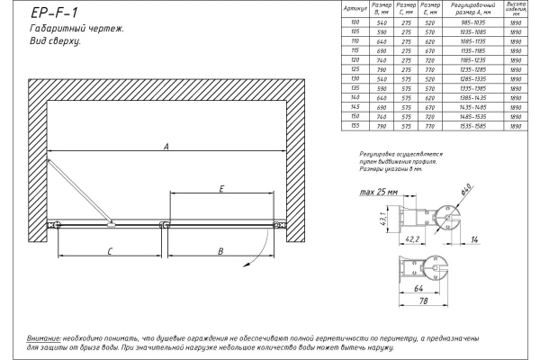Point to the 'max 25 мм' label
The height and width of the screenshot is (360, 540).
click(x=377, y=192)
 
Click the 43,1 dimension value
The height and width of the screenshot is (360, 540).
click(x=384, y=217)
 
